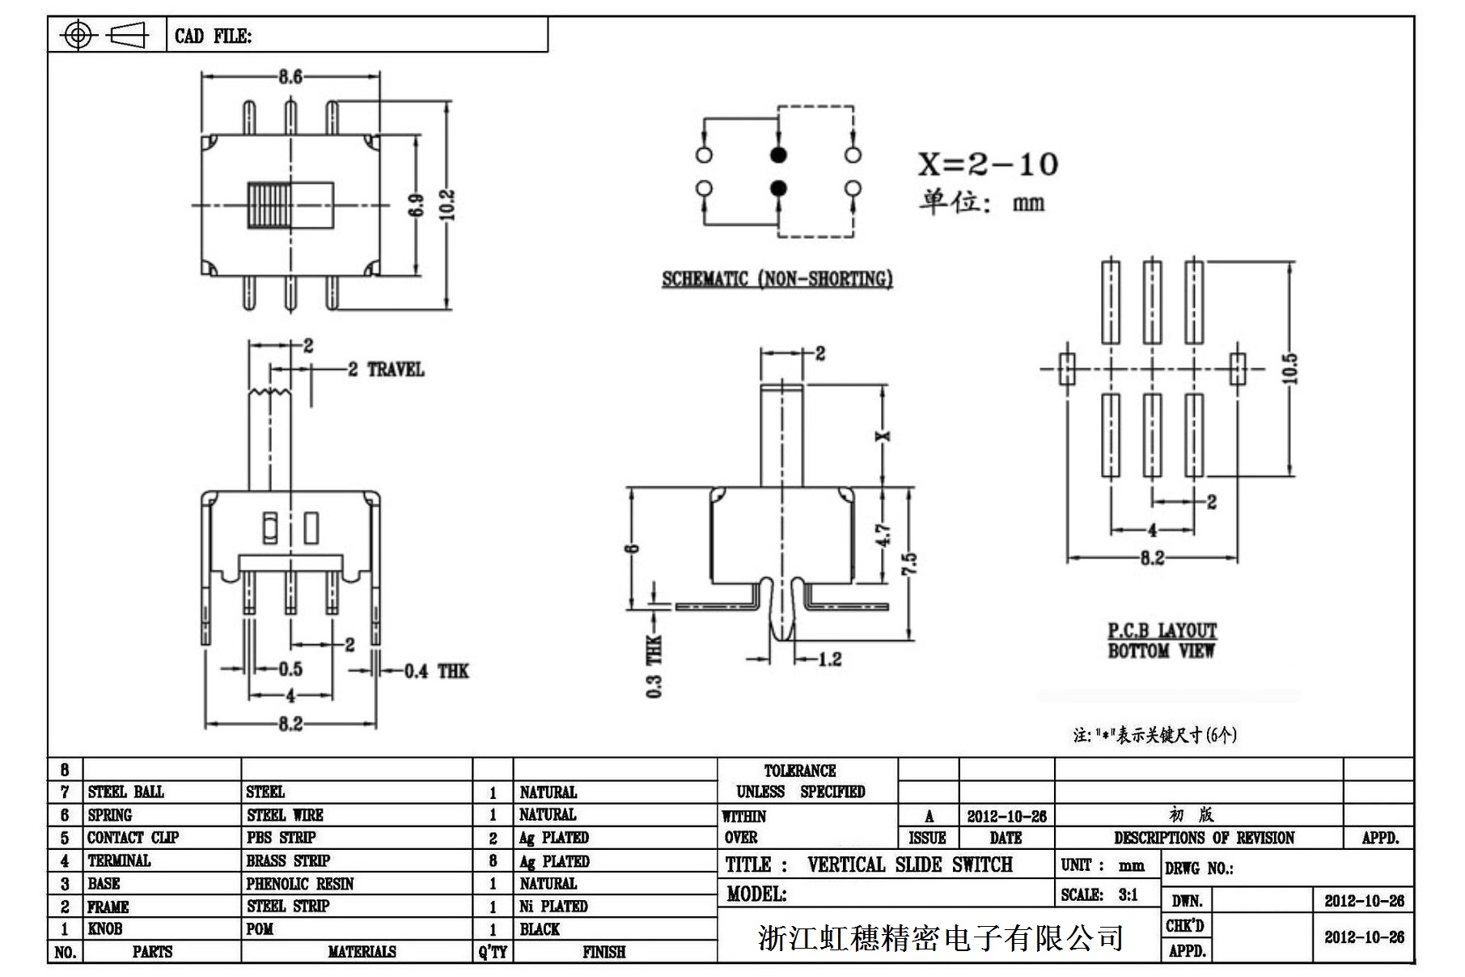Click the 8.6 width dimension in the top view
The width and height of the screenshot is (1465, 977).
pos(290,77)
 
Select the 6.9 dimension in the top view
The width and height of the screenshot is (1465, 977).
pos(416,205)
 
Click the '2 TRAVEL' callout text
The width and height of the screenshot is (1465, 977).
pos(387,370)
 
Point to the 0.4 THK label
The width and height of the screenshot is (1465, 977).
pos(437,671)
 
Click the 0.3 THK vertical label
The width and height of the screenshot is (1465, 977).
pos(654,666)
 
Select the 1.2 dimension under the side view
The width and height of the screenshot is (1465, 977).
pos(829,660)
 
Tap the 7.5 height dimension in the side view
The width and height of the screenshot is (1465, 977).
pos(909,563)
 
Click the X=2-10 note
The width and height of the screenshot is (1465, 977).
pos(988,164)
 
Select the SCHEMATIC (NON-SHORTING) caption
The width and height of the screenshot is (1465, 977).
pos(777,279)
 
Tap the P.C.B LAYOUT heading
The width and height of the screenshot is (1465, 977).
pos(1162,631)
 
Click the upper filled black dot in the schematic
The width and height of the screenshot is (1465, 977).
pos(778,155)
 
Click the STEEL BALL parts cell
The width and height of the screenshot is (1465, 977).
pos(126,792)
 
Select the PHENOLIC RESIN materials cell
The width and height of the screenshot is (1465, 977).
pos(300,884)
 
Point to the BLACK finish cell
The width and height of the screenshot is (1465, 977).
pos(540,929)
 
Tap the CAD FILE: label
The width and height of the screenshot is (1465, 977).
pos(214,36)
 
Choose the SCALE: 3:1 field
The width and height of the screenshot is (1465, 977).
pos(1099,895)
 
